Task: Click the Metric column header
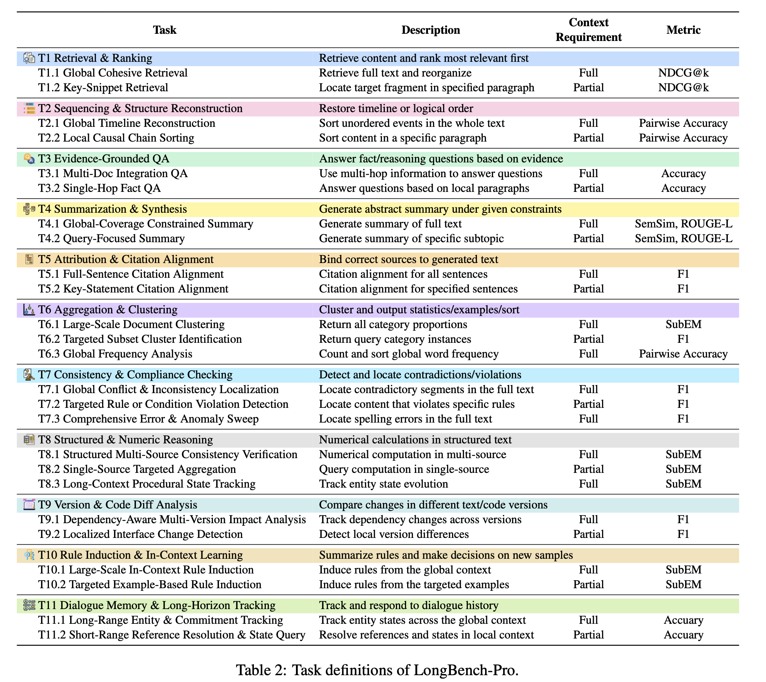coord(683,30)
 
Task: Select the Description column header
coord(430,30)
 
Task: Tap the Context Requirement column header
coord(588,30)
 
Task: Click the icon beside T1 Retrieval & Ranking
coord(29,58)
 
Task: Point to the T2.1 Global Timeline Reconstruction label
coord(127,123)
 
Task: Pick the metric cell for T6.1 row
coord(683,324)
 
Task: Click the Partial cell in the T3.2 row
coord(588,188)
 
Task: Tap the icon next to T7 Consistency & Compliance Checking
coord(29,375)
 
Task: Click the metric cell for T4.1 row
coord(683,224)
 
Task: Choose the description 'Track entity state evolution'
coord(383,484)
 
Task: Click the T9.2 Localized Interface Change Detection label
coord(140,534)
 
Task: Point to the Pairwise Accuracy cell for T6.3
coord(683,354)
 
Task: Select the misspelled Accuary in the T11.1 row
coord(683,620)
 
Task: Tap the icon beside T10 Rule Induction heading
coord(29,555)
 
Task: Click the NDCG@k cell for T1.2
coord(683,88)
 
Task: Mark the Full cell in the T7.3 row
coord(588,419)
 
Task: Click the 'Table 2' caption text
coord(377,670)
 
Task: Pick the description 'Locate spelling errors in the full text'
coord(405,419)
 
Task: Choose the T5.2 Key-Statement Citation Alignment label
coord(133,289)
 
